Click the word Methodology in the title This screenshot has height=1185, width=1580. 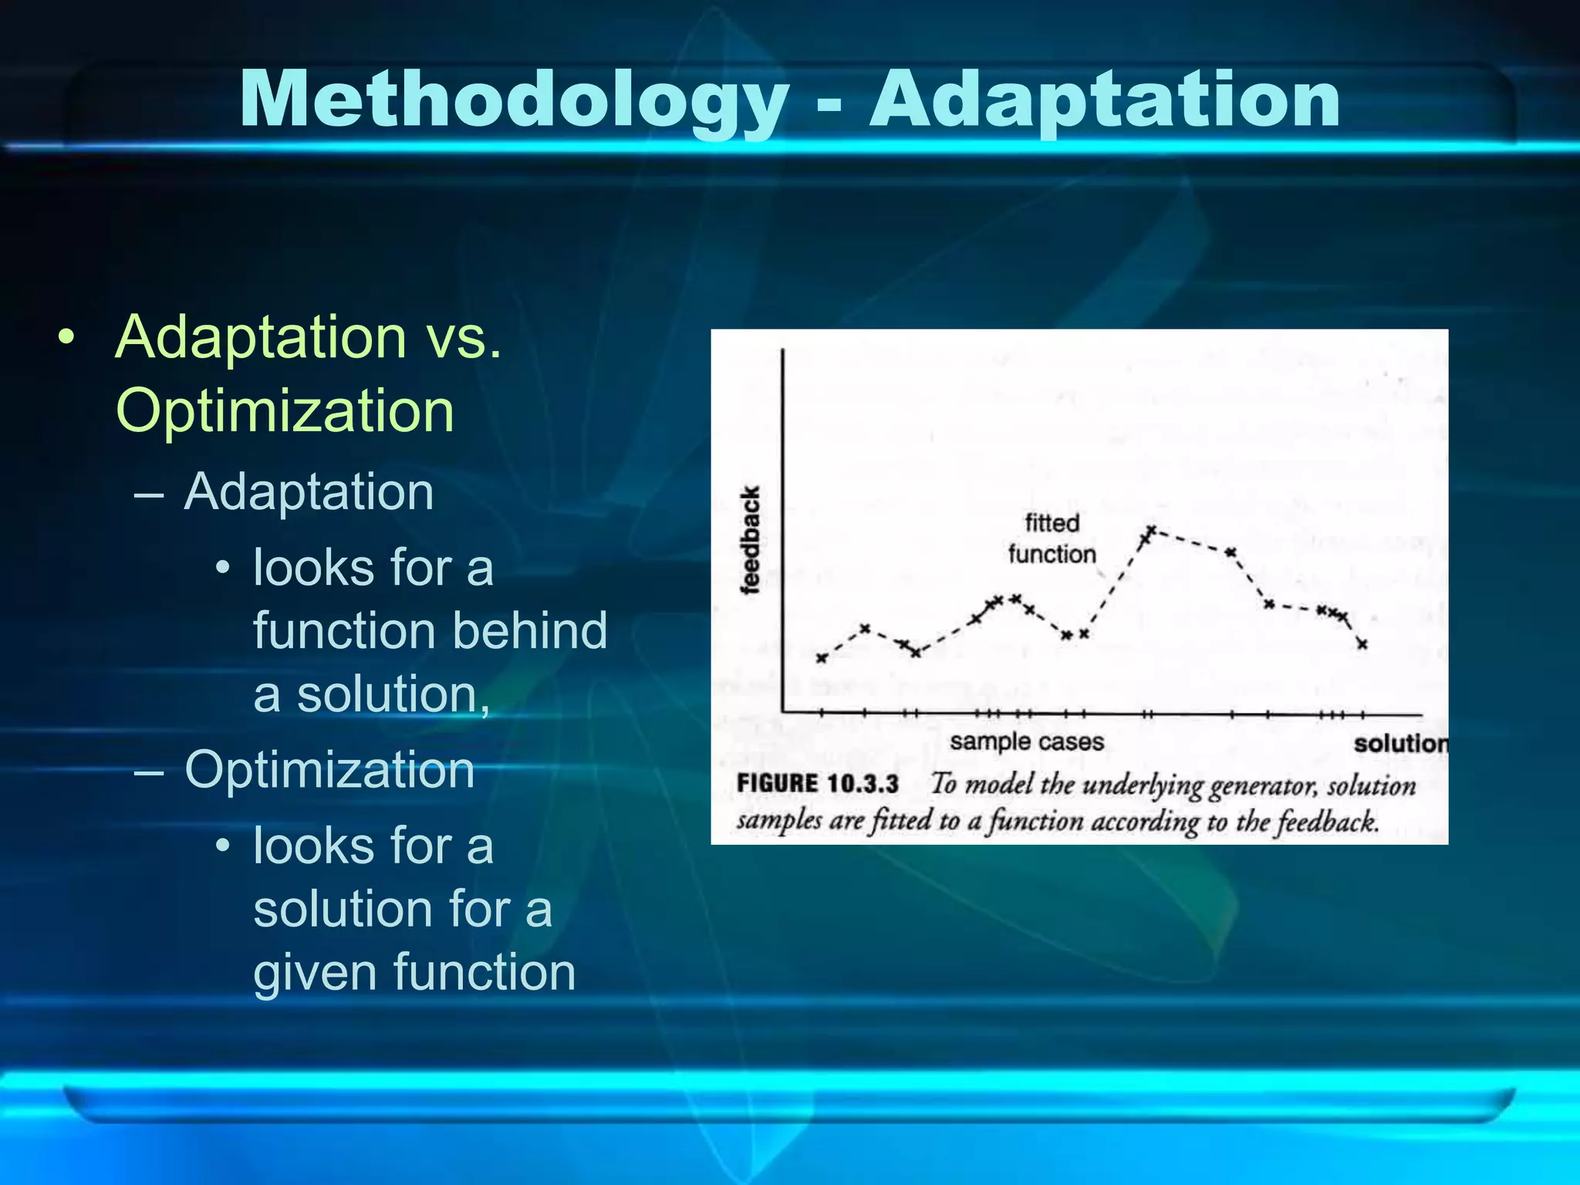pos(513,100)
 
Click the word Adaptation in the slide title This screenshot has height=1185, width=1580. pos(1105,100)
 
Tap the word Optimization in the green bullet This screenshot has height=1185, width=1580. pos(285,410)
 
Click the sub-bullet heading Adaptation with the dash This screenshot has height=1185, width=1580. pos(309,491)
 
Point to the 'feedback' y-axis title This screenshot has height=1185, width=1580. pos(750,540)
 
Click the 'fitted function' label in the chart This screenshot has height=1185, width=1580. pos(1052,538)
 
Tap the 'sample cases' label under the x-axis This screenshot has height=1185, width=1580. pos(1026,742)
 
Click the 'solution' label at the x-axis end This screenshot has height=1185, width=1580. pos(1400,744)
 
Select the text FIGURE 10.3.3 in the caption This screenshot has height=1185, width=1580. pos(818,784)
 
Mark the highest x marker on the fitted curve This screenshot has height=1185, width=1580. pos(1151,530)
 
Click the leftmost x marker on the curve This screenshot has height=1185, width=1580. pos(822,658)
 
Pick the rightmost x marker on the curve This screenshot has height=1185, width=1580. pos(1362,644)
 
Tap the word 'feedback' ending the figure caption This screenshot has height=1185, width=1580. pos(1326,822)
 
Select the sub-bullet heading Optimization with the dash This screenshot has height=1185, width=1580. pos(329,770)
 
